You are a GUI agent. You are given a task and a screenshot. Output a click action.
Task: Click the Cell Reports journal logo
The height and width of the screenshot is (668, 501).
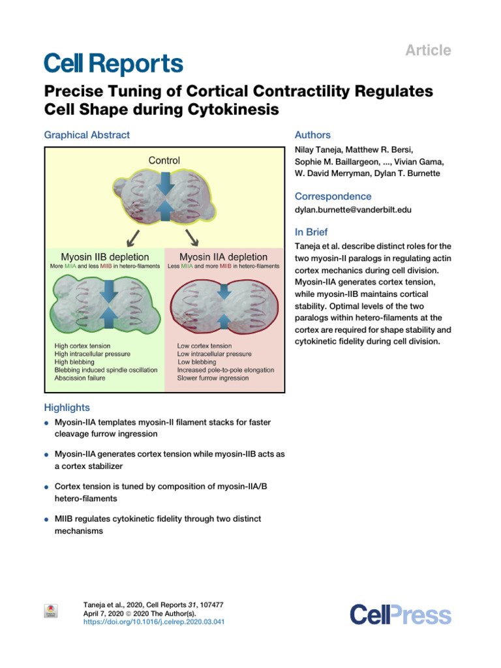[x=114, y=63]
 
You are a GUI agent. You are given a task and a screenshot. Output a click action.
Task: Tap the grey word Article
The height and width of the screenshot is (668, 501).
[x=428, y=50]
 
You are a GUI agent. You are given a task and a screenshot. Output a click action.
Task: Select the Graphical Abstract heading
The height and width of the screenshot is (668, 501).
[x=87, y=135]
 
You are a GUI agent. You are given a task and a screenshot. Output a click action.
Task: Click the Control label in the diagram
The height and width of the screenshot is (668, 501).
[x=164, y=160]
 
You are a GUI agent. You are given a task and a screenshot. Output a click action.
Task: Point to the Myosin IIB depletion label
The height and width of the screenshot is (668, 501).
[x=105, y=257]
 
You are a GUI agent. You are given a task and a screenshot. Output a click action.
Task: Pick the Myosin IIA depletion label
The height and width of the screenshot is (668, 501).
[x=223, y=257]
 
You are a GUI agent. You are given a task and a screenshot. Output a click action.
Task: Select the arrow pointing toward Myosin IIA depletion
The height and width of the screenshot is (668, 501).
[x=192, y=237]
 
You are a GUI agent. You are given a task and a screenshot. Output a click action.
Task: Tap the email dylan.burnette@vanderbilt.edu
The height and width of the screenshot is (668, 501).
[x=353, y=209]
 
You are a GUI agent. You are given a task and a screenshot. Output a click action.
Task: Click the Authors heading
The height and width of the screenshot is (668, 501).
[x=312, y=135]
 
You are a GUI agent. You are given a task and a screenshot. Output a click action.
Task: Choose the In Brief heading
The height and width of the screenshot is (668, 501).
[x=311, y=232]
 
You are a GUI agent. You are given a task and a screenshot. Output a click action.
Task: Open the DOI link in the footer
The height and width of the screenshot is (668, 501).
[x=154, y=622]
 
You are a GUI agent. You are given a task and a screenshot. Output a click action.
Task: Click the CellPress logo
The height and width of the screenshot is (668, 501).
[x=401, y=615]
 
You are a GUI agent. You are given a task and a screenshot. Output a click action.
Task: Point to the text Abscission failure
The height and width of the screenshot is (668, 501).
[x=80, y=378]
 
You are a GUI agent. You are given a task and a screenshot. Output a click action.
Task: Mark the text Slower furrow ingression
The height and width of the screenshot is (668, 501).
[x=213, y=378]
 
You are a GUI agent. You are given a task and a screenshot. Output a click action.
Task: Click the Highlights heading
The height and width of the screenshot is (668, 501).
[x=67, y=408]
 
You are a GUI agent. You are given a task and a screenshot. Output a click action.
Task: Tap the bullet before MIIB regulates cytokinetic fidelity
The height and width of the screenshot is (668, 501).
[x=46, y=520]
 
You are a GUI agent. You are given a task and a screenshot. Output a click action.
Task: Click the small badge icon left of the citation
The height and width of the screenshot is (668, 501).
[x=51, y=611]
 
